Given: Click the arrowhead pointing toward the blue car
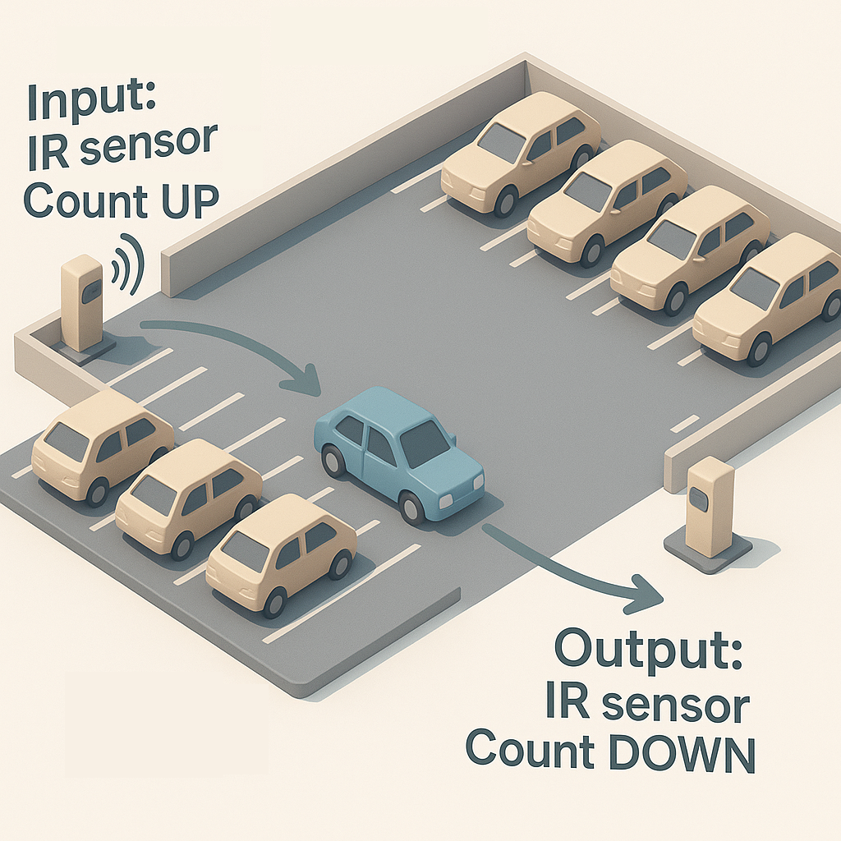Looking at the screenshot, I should [x=305, y=381].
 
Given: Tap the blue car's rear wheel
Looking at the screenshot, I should [x=333, y=462].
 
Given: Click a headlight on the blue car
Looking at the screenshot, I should [x=446, y=501].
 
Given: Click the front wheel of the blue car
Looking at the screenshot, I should [x=411, y=508].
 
